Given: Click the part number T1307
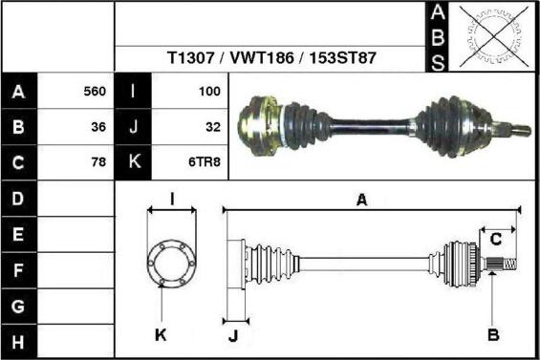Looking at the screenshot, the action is coord(190,58).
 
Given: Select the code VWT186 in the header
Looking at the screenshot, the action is coord(262,58).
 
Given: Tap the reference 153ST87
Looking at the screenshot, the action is coord(342,58).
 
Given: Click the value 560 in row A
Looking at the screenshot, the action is coord(95,92).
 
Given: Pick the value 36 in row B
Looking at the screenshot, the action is coord(98,127).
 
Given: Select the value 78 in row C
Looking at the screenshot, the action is coord(98,161).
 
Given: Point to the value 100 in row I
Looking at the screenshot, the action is coord(209,92).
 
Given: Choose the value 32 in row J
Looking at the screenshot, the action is coord(213,127).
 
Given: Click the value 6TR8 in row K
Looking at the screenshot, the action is coord(205,161).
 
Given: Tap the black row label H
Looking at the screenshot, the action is coord(18,342).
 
